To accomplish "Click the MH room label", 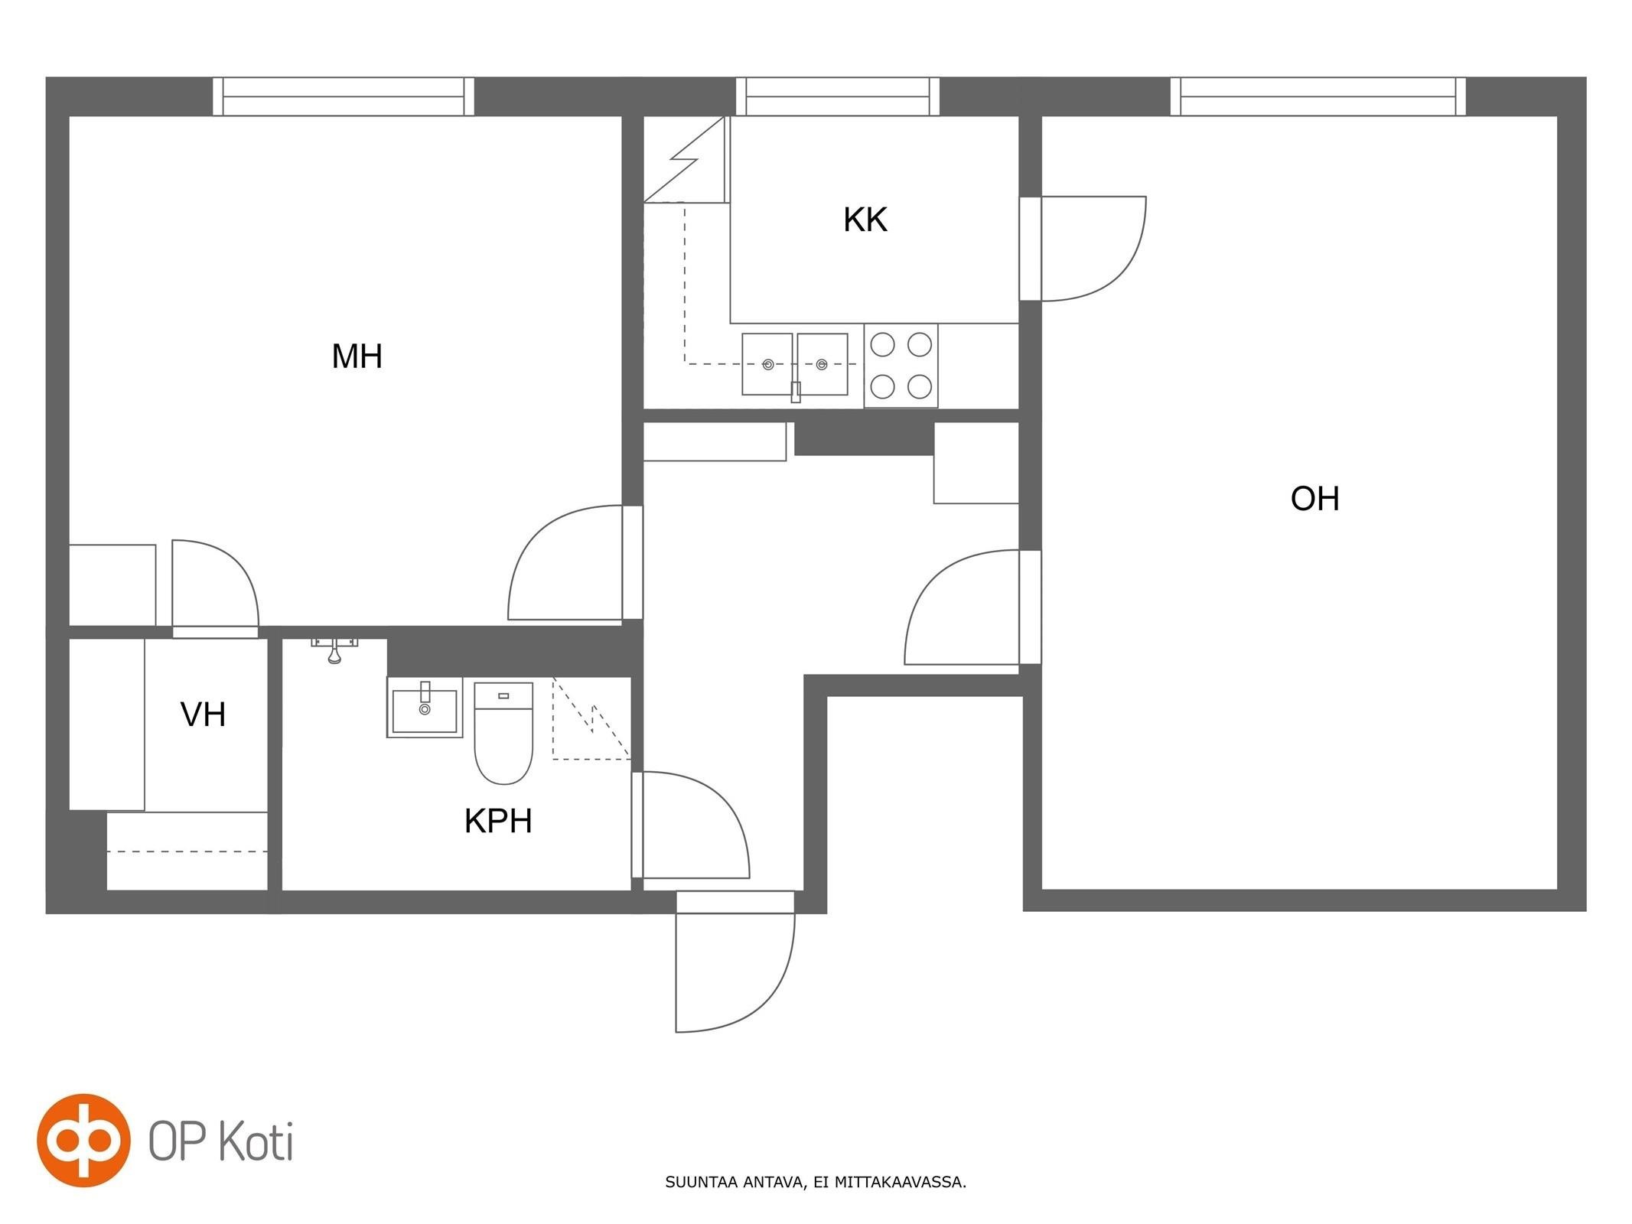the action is click(x=357, y=356).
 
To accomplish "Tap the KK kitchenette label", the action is click(x=865, y=220).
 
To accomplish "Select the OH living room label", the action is click(x=1314, y=499).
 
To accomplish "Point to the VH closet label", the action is click(x=203, y=715).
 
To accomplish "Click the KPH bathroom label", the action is click(x=498, y=821).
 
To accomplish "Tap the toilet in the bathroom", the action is click(x=503, y=733).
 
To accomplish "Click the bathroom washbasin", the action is click(x=425, y=708).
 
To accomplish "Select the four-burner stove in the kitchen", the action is click(x=901, y=366).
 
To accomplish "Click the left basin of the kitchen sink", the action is click(x=767, y=364).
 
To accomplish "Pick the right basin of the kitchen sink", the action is click(x=823, y=364).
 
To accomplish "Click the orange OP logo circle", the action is click(x=83, y=1140).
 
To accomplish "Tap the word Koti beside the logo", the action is click(x=256, y=1141).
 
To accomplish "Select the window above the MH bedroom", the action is click(x=344, y=96).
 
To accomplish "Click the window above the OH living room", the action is click(x=1318, y=96).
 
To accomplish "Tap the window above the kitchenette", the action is click(x=838, y=96).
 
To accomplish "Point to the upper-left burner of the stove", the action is click(x=882, y=345).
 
